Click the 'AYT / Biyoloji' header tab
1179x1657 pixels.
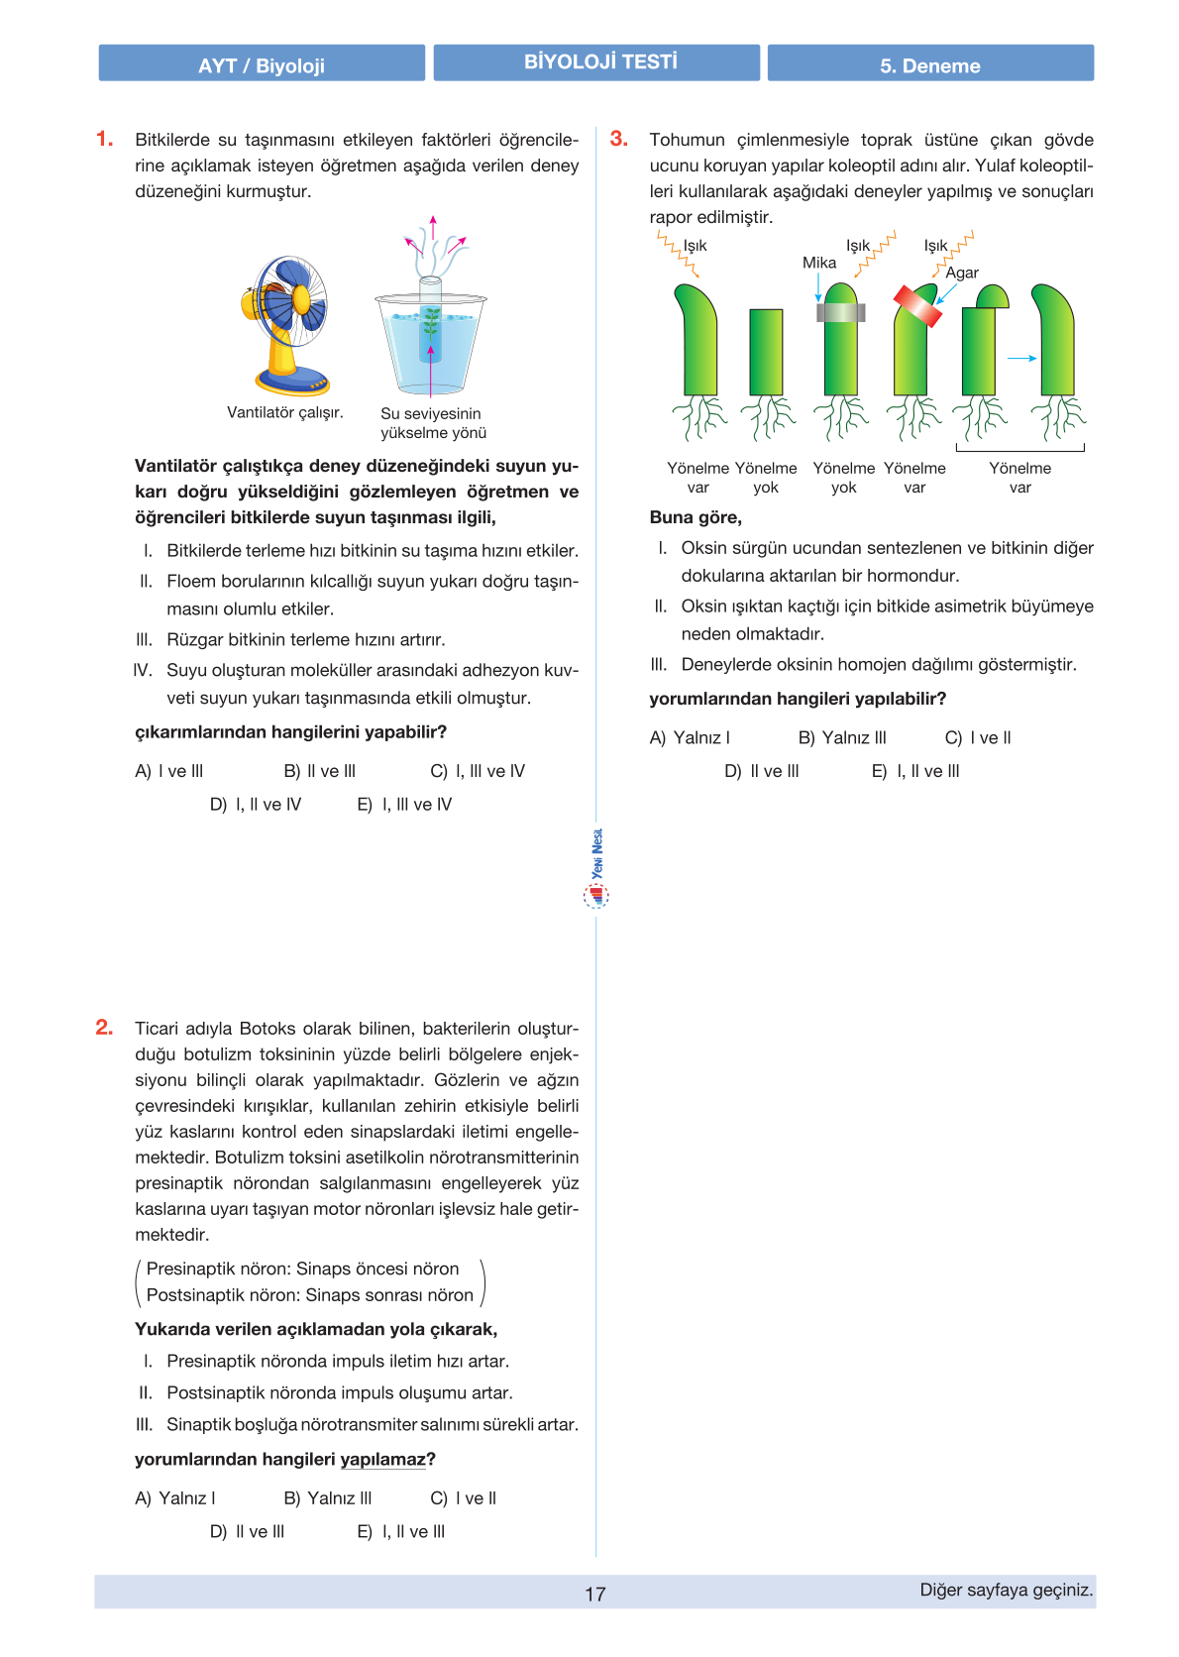[x=262, y=64]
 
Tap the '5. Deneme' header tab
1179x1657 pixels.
[x=929, y=64]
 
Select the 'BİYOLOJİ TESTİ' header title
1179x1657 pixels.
[x=599, y=62]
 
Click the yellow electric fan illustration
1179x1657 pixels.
[x=286, y=322]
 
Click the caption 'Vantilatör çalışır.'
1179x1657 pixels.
[x=285, y=412]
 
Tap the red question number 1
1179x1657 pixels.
[x=104, y=139]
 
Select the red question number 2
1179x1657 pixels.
[x=104, y=1028]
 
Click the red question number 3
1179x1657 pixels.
[x=618, y=139]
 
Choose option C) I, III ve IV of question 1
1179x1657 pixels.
[x=478, y=771]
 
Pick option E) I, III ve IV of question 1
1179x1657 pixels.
[x=404, y=805]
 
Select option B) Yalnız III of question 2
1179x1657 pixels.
[x=328, y=1498]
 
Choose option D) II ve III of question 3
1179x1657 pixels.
[x=762, y=771]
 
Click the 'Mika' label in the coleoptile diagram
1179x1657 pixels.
[x=819, y=263]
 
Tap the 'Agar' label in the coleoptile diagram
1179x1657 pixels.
[x=962, y=273]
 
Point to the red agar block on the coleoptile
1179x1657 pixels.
[x=917, y=306]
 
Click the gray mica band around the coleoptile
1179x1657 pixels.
[x=841, y=312]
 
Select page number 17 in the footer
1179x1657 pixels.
[x=594, y=1594]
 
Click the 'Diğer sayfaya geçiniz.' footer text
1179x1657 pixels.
[x=1007, y=1590]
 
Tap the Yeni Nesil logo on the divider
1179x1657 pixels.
[x=596, y=869]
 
